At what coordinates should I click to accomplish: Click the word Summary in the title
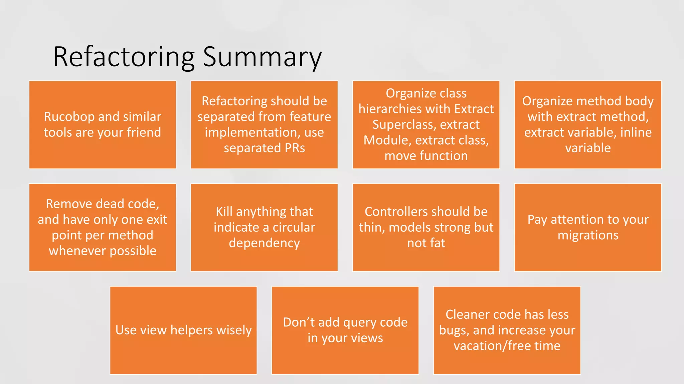coord(262,57)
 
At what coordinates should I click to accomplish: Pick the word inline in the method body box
coord(636,132)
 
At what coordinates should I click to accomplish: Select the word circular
coord(294,227)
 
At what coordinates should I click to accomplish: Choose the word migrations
coord(588,235)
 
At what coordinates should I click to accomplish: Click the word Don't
coord(298,322)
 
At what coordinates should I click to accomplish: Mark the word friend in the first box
coord(144,132)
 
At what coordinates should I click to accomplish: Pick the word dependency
coord(264,243)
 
